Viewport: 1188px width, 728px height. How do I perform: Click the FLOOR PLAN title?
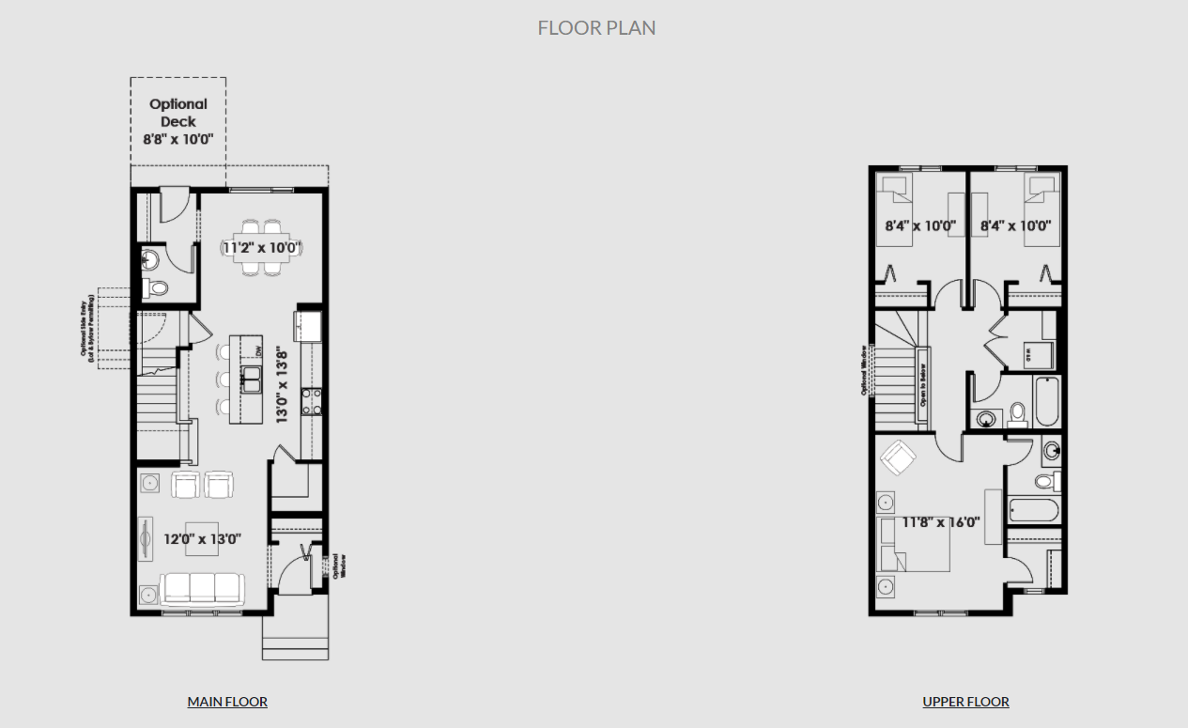[x=596, y=28]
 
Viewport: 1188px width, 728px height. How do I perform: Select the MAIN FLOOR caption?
[x=227, y=702]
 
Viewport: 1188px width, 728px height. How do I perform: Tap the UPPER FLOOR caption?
[x=965, y=702]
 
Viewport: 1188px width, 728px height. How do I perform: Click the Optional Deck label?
[x=178, y=113]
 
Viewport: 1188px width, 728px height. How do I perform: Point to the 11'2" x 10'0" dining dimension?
[x=262, y=249]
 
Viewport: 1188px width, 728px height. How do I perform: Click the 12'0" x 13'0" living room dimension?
[x=203, y=539]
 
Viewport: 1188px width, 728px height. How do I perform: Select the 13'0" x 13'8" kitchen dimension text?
[x=282, y=384]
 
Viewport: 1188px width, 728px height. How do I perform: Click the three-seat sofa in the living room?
[x=202, y=588]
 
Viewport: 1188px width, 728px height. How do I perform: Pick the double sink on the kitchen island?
[x=251, y=379]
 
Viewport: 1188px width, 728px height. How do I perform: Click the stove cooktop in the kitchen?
[x=311, y=401]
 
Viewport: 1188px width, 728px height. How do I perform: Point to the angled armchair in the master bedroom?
[x=898, y=457]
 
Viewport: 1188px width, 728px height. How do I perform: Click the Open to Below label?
[x=923, y=383]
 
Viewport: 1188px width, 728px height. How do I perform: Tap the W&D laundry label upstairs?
[x=1027, y=354]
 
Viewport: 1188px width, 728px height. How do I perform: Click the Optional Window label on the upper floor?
[x=865, y=370]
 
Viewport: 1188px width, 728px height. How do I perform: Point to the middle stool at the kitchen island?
[x=224, y=379]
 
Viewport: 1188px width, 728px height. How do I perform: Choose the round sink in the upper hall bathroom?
[x=985, y=419]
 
